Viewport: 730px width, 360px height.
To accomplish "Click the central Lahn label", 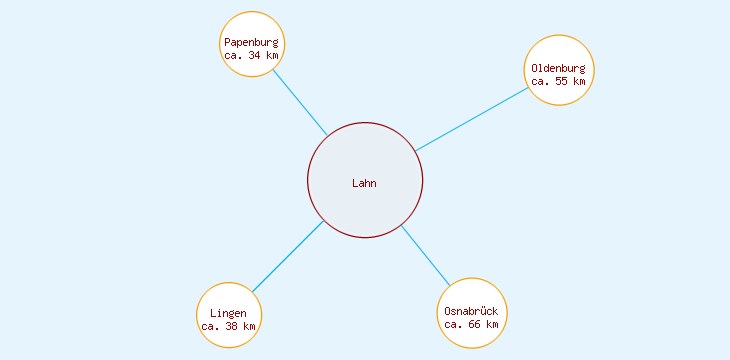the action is point(364,183).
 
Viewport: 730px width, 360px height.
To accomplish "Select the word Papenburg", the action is point(251,42).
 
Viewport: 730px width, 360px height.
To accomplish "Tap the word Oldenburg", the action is point(559,68).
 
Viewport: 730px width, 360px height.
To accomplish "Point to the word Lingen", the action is point(228,314).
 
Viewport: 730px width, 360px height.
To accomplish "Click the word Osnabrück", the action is point(471,311).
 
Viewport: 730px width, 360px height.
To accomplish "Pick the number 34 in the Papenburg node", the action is point(255,55).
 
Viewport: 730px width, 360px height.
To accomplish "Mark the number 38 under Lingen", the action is point(232,327).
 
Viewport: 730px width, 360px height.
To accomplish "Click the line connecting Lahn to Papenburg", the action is point(299,101).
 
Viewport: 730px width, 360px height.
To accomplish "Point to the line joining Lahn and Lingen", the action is point(287,257).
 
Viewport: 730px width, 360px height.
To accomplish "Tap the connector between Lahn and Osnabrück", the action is point(425,255).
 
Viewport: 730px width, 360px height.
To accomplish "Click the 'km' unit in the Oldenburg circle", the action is point(579,81).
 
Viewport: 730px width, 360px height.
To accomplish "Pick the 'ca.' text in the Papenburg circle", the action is point(234,55).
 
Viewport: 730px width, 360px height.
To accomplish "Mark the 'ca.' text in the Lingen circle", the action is point(210,327).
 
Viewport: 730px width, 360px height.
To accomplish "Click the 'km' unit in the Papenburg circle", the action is point(272,55).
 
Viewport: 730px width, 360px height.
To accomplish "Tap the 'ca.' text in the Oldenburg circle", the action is point(541,81).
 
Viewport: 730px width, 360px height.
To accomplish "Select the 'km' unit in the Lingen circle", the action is point(249,327).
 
